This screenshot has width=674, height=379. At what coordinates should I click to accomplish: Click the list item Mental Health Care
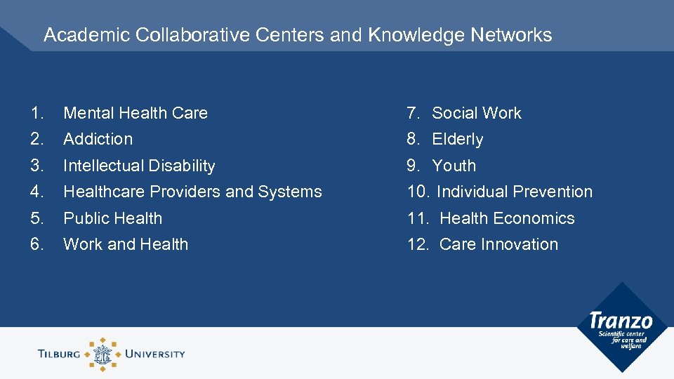click(x=136, y=113)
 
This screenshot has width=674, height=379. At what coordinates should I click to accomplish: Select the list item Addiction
click(x=98, y=139)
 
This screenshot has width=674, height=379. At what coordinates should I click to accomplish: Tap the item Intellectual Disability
click(x=139, y=166)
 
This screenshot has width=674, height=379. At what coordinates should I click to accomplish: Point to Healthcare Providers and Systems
click(x=192, y=192)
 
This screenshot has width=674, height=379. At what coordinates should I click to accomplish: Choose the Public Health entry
click(x=112, y=218)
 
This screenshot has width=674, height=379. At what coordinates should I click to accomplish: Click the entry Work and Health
click(x=126, y=244)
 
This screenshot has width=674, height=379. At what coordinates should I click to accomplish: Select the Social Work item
click(x=476, y=113)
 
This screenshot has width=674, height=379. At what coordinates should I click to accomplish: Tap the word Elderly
click(x=457, y=139)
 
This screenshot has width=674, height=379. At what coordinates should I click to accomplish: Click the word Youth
click(x=454, y=166)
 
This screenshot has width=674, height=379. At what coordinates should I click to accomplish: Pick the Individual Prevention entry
click(x=514, y=192)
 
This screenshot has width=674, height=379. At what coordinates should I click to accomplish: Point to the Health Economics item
click(x=507, y=218)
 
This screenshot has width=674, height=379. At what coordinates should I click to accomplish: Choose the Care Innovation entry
click(x=498, y=244)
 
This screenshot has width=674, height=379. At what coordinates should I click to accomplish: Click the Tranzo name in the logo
click(x=621, y=321)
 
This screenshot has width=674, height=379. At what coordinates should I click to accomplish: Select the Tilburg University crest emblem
click(x=103, y=354)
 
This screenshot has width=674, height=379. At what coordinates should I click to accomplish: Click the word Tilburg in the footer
click(x=60, y=354)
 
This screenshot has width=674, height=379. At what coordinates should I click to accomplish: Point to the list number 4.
click(x=37, y=192)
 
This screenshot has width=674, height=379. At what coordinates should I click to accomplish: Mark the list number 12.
click(x=418, y=244)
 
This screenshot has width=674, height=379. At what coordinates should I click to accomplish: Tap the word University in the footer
click(x=154, y=354)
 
